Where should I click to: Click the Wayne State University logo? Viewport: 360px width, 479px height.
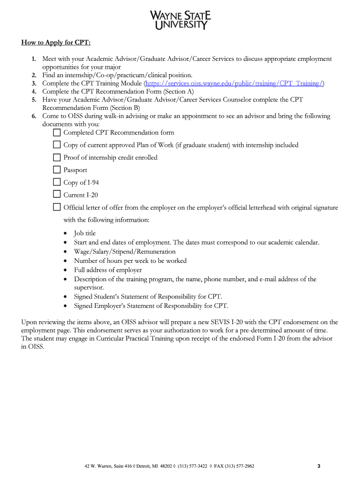pyautogui.click(x=180, y=21)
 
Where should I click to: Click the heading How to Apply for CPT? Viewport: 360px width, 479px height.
pyautogui.click(x=56, y=43)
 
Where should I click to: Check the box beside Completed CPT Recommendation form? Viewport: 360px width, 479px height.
pyautogui.click(x=57, y=132)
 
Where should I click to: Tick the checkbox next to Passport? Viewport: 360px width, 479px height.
pyautogui.click(x=57, y=169)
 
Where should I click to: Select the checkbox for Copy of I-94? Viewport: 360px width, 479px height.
pyautogui.click(x=57, y=182)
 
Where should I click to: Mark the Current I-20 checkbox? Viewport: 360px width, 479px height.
pyautogui.click(x=57, y=194)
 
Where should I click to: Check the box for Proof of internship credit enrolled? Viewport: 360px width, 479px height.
pyautogui.click(x=57, y=157)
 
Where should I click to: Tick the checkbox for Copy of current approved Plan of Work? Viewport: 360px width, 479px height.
pyautogui.click(x=57, y=145)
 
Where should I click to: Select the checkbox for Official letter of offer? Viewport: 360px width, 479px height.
pyautogui.click(x=57, y=207)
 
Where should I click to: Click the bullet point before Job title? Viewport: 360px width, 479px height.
pyautogui.click(x=65, y=233)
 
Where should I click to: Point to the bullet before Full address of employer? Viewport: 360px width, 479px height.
pyautogui.click(x=65, y=270)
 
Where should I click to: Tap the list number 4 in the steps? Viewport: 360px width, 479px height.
pyautogui.click(x=35, y=92)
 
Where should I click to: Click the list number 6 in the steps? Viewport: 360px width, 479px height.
pyautogui.click(x=35, y=116)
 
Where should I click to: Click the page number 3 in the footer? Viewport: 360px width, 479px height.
pyautogui.click(x=318, y=466)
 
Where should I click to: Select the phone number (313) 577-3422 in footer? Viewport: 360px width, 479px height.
pyautogui.click(x=193, y=466)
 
